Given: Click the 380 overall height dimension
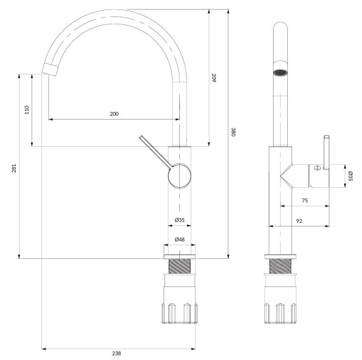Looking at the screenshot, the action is (x=233, y=132).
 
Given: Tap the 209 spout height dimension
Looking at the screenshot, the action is (x=214, y=78).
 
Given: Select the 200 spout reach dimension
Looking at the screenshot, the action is (x=114, y=114).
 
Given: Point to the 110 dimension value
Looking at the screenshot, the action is (x=27, y=110).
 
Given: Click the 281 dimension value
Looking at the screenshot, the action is (x=14, y=168).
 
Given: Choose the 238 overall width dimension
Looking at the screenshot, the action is (x=117, y=353).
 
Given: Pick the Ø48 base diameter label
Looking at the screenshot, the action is (x=180, y=240).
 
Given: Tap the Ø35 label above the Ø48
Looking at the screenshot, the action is (x=180, y=220).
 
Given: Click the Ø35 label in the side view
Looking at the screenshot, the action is (x=350, y=176).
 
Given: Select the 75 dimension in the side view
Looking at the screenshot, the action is (x=305, y=200).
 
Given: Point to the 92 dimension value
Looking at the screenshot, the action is (x=299, y=221).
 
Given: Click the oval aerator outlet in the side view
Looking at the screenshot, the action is (x=280, y=72).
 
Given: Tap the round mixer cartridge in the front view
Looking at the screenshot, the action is (x=180, y=176).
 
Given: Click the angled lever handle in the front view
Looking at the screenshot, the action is (x=156, y=151).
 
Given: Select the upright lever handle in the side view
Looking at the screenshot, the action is (x=326, y=152).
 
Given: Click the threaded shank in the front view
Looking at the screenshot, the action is (x=180, y=266).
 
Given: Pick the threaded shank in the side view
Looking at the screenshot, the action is (x=280, y=266).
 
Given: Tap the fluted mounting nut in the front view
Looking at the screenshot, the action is (x=180, y=313).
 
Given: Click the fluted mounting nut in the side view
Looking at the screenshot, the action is (x=280, y=313).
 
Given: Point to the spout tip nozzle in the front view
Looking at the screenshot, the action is (x=50, y=69).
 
